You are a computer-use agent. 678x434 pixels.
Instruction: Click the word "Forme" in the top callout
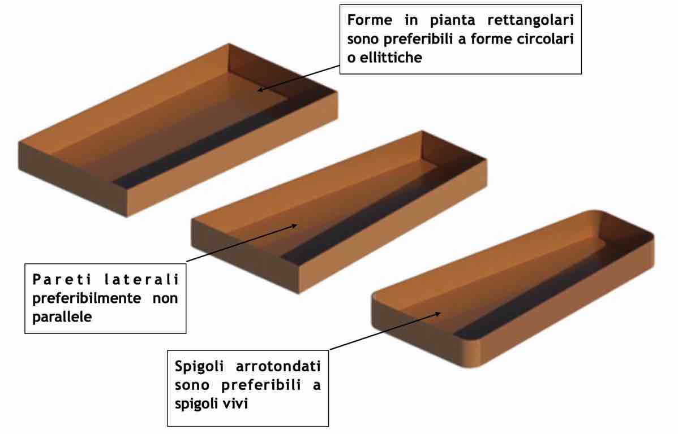tap(370, 20)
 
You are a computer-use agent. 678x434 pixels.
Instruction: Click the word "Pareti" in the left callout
tap(62, 279)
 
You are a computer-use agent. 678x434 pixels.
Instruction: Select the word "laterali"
tap(141, 279)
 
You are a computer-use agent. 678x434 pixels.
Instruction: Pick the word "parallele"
tap(62, 317)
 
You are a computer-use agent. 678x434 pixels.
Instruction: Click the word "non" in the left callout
tap(165, 298)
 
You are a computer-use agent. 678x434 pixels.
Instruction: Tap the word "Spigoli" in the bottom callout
tap(199, 367)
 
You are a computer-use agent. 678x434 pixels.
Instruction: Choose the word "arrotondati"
tap(278, 367)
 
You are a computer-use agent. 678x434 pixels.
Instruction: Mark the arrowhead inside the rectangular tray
tap(260, 89)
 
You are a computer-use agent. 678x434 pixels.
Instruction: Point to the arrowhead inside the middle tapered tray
tap(294, 225)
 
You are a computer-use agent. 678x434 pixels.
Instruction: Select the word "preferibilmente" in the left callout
tap(87, 298)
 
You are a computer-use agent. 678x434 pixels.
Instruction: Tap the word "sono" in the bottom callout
tap(191, 385)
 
